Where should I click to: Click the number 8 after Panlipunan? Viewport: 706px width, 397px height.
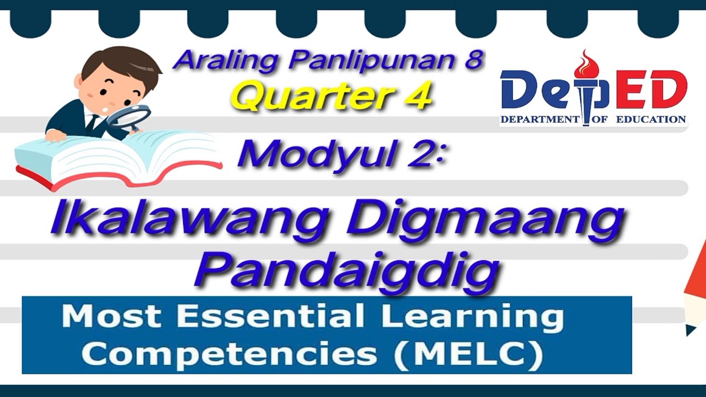pyautogui.click(x=472, y=60)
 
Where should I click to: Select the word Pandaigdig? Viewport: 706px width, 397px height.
pyautogui.click(x=347, y=270)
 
